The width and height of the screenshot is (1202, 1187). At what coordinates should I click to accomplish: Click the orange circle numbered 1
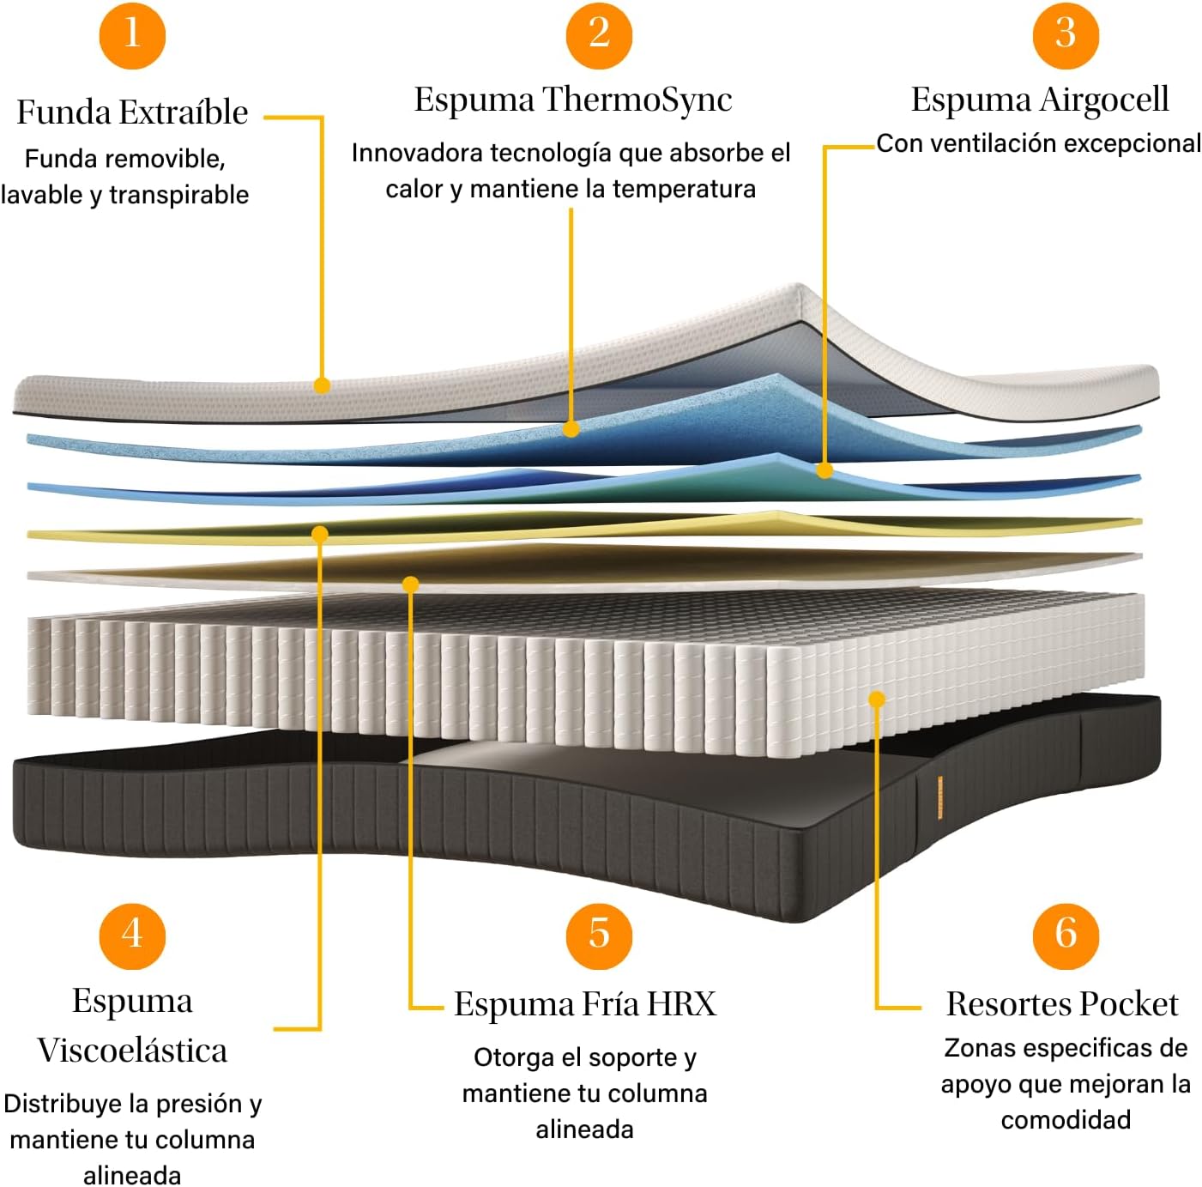(x=132, y=35)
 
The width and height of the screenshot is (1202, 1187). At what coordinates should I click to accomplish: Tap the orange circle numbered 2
(x=599, y=35)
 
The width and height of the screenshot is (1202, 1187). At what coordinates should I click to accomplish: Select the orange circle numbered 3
(x=1066, y=35)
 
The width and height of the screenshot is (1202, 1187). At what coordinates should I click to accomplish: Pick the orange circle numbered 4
(x=132, y=936)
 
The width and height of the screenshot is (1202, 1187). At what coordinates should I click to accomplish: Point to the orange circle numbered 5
(x=599, y=936)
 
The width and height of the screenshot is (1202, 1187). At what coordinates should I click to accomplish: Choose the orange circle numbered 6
(x=1066, y=936)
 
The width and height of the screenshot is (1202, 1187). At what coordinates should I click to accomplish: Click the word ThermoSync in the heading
(x=637, y=100)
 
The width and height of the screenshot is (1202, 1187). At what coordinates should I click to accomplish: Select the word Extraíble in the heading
(x=184, y=112)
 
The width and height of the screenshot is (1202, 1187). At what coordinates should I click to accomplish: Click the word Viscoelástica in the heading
(x=132, y=1050)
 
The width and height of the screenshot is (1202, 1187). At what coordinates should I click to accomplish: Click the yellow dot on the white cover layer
(x=322, y=385)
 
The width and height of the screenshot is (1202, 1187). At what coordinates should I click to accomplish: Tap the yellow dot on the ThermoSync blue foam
(x=571, y=429)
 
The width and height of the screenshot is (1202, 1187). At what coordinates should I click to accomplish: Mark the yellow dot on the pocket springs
(x=876, y=699)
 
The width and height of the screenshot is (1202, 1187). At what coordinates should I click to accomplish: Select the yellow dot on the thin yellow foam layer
(x=320, y=534)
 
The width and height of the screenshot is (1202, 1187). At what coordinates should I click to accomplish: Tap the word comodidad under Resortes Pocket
(x=1066, y=1120)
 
